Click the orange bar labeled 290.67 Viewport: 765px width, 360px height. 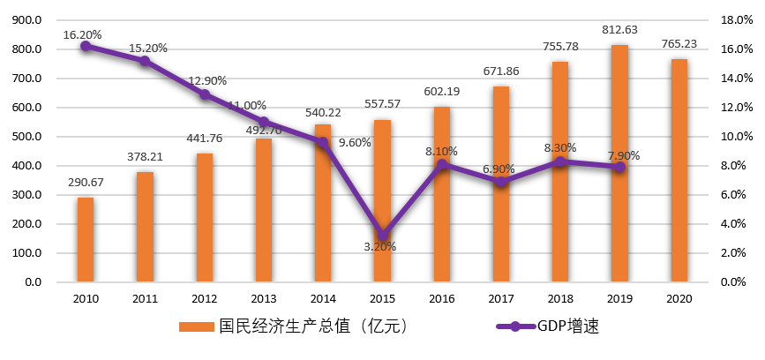pos(86,240)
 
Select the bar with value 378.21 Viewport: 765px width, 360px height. pos(145,227)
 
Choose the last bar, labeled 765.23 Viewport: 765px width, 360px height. pos(679,170)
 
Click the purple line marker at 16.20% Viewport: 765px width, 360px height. pos(86,46)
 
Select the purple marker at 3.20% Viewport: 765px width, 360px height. pos(382,236)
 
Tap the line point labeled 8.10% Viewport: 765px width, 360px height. pos(442,164)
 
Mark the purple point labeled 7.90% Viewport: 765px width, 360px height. pos(619,167)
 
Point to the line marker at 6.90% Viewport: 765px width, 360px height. pos(501,182)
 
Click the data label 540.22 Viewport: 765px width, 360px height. pos(323,113)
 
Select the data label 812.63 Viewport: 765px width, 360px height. pos(619,30)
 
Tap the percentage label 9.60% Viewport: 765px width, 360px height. pos(355,143)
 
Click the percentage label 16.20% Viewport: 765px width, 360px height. pos(82,35)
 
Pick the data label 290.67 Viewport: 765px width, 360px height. pos(86,183)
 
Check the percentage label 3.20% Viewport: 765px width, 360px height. pos(380,247)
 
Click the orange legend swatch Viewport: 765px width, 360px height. pos(197,326)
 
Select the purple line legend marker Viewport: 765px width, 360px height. pos(515,326)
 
